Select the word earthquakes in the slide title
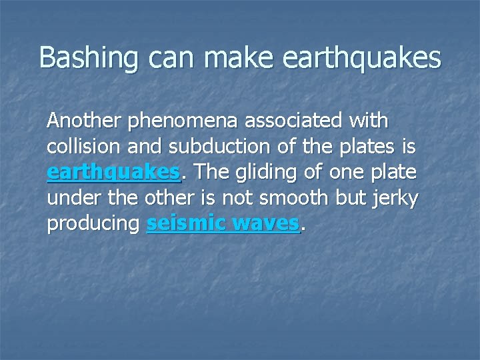tap(362, 58)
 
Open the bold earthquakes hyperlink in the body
tap(113, 173)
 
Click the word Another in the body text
tap(84, 121)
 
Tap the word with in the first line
tap(369, 121)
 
